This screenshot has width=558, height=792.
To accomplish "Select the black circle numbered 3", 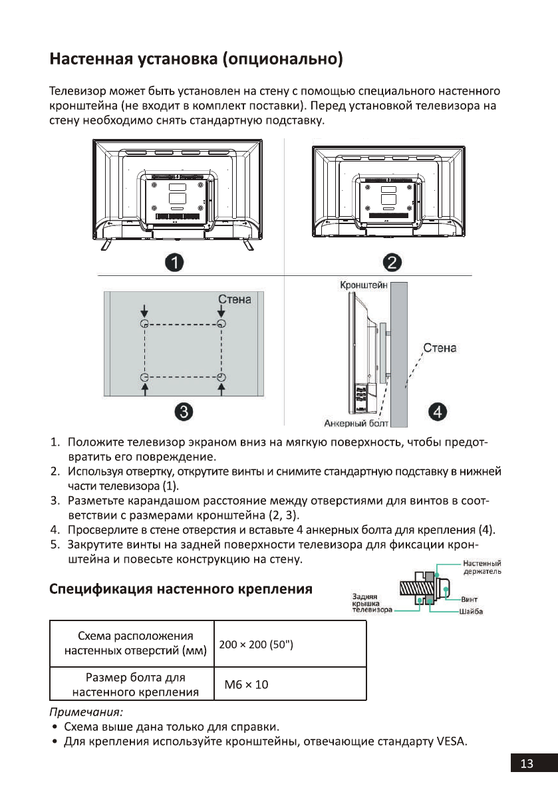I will pos(184,412).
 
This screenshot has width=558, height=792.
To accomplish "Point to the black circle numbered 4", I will pos(437,412).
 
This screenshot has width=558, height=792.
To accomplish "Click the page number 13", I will pos(527,764).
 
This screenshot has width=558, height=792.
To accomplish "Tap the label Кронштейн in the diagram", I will pos(364,286).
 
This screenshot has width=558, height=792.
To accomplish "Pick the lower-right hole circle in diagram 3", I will pos(221,378).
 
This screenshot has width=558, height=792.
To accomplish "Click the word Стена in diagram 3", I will pos(235,300).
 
